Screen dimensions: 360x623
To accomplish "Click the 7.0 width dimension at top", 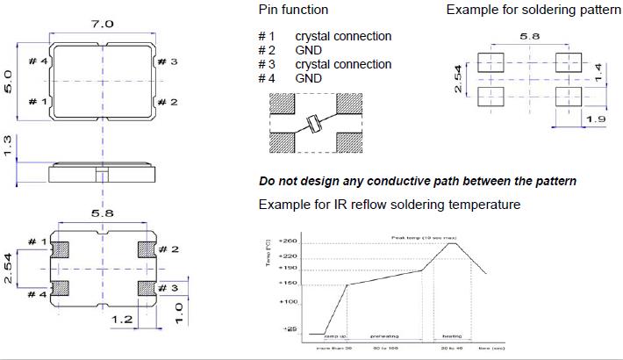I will [x=103, y=25].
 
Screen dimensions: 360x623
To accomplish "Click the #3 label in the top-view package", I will [x=167, y=62].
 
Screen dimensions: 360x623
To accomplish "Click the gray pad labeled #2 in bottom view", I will [x=147, y=249].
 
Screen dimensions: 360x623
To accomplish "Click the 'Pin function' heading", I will [x=293, y=10].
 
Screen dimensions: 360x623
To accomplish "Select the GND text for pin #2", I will [x=308, y=50].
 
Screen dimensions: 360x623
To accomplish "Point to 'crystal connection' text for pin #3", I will [x=343, y=64].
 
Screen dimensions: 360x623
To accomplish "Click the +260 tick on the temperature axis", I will [x=290, y=241].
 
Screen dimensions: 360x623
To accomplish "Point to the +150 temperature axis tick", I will [x=290, y=284].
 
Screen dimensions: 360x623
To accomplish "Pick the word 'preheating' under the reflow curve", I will [x=383, y=335].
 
